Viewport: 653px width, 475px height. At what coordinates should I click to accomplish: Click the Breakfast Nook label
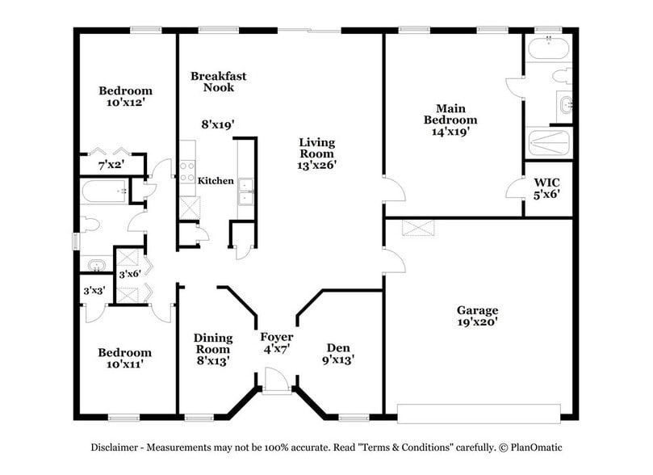click(x=218, y=82)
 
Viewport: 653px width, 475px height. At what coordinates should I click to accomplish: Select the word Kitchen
click(x=216, y=181)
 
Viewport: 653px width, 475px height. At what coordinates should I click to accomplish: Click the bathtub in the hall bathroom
click(x=105, y=192)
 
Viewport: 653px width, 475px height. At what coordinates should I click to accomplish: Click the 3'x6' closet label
click(x=129, y=275)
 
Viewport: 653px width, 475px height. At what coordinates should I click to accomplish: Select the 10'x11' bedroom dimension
click(x=124, y=365)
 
